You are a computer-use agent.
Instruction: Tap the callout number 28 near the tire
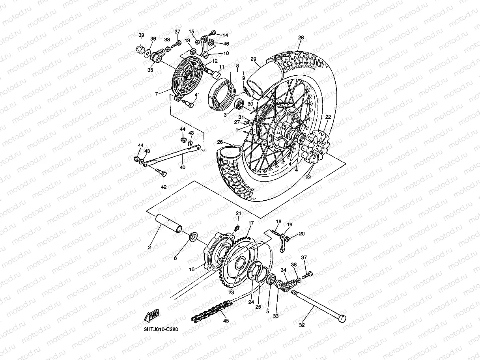[x=301, y=38]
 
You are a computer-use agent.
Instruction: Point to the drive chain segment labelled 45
[x=211, y=310]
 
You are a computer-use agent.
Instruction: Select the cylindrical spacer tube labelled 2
[x=170, y=223]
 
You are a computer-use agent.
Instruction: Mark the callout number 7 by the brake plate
[x=157, y=94]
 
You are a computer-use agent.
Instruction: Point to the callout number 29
[x=253, y=60]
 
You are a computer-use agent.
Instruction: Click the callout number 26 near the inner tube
[x=220, y=142]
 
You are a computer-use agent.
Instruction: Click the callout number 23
[x=231, y=293]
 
